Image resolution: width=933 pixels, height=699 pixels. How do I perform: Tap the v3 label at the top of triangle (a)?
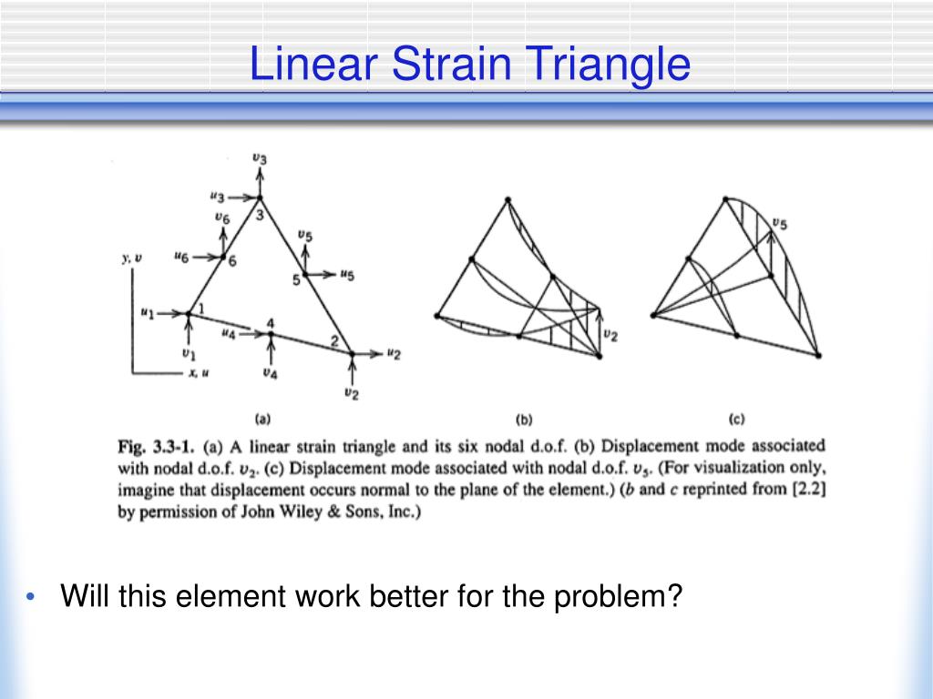coord(260,160)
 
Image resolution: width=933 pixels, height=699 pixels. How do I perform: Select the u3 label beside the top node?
coord(216,196)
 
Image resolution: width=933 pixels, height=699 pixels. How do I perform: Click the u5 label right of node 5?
coord(347,274)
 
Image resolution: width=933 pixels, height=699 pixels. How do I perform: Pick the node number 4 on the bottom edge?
coord(270,323)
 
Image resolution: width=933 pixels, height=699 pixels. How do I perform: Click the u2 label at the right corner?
coord(394,353)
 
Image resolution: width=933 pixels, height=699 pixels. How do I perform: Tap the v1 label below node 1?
coord(188,353)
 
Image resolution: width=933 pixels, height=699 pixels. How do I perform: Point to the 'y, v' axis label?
coord(131,258)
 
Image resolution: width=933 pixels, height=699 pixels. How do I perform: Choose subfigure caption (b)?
coord(524,420)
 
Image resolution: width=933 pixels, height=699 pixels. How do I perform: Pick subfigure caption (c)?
coord(736,420)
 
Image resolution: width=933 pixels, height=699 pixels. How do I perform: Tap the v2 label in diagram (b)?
coord(610,336)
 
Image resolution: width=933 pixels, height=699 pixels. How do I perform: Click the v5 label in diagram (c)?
coord(779,222)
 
